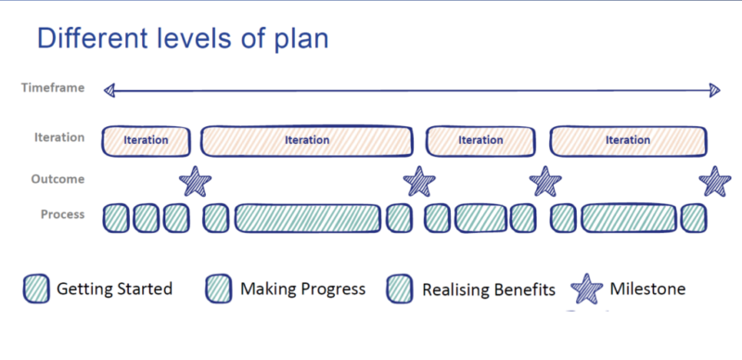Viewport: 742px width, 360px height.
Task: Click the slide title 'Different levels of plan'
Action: tap(182, 39)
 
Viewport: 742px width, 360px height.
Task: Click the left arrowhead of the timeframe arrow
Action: tap(109, 90)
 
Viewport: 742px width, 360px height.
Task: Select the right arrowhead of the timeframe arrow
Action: tap(714, 90)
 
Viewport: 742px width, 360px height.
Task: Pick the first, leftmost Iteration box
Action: tap(146, 141)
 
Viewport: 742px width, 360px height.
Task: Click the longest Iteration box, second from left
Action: tap(307, 141)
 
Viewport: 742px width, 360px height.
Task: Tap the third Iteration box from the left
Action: tap(480, 141)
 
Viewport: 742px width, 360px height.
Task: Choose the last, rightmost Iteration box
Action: tap(628, 141)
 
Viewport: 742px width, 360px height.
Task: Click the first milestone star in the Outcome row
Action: tap(195, 181)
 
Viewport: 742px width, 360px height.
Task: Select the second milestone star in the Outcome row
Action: tap(419, 181)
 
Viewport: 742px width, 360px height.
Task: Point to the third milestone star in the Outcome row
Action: tap(545, 181)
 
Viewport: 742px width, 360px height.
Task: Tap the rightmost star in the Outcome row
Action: tap(715, 181)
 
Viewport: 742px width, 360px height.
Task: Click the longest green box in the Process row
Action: tap(308, 218)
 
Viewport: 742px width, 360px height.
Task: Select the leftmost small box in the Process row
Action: tap(115, 218)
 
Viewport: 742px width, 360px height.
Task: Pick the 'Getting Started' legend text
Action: tap(114, 289)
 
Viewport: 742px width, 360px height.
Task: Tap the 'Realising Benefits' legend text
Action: tap(488, 289)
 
